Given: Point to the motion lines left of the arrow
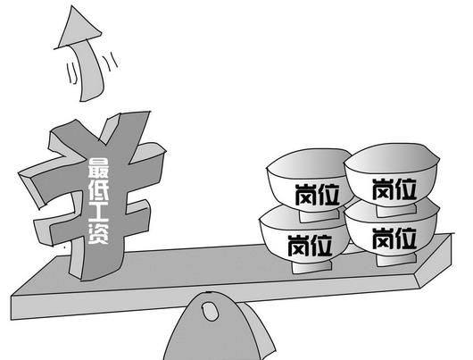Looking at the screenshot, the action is [71, 72].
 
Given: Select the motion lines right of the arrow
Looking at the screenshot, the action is [111, 62].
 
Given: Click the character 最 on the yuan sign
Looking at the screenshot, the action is [98, 168].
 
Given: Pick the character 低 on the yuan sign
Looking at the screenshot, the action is [98, 189].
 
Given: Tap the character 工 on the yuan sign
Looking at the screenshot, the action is [98, 212].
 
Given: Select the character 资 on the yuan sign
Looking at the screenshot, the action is [98, 234].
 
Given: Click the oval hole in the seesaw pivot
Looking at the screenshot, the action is [210, 311].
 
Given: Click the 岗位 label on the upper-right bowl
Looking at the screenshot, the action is [394, 189].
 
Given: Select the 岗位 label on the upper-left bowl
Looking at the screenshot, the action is [318, 195].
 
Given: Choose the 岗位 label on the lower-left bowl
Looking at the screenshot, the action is [310, 246].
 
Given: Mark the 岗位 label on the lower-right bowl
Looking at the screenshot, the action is [394, 239].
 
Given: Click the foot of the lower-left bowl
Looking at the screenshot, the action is [312, 266].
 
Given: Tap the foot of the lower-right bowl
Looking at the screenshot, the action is [396, 260].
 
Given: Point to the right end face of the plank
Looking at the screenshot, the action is [435, 261].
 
